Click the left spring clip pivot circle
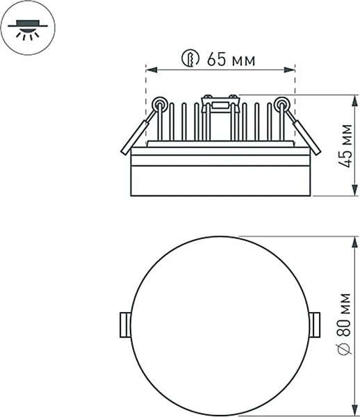[x=160, y=104]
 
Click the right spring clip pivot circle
[x=281, y=104]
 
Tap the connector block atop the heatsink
[x=220, y=104]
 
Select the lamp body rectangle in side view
[x=220, y=174]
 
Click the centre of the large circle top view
[x=220, y=324]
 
